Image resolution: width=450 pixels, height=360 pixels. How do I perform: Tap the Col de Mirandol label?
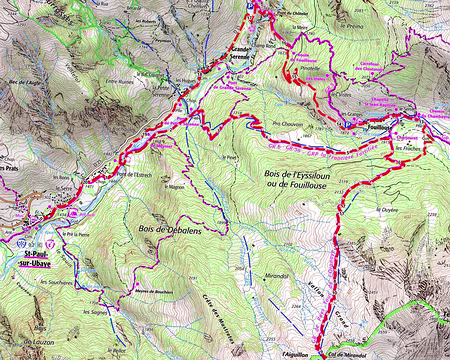(x=346, y=353)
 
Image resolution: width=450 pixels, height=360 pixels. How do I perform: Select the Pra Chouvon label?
(x=288, y=125)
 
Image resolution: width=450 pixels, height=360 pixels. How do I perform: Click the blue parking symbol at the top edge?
(x=250, y=6)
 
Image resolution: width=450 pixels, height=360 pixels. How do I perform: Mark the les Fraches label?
(x=409, y=147)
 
